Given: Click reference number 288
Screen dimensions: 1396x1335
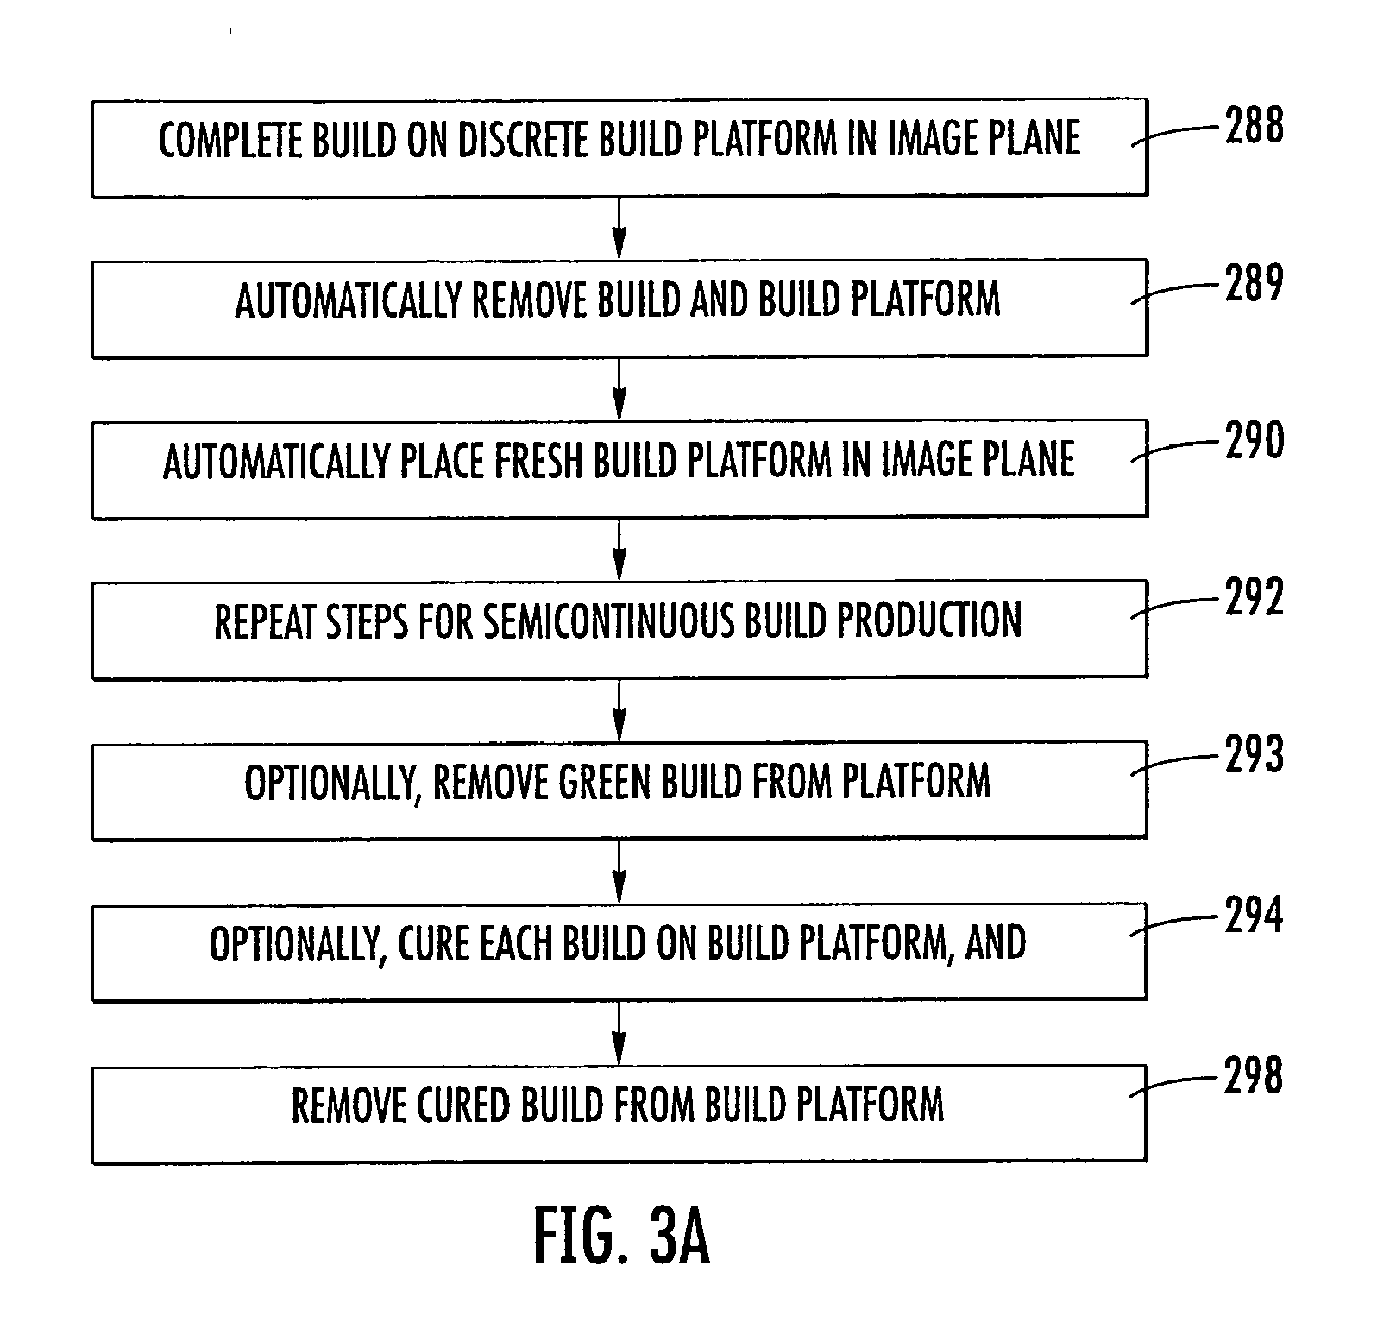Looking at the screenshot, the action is [1254, 126].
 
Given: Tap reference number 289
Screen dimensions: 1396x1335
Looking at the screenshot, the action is [1254, 283].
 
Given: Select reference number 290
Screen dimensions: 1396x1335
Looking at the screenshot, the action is [1254, 441].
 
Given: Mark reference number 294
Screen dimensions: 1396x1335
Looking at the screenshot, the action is [1254, 916].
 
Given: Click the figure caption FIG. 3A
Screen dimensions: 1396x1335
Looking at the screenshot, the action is [622, 1236].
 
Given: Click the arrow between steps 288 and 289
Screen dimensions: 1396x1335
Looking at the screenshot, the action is [619, 228].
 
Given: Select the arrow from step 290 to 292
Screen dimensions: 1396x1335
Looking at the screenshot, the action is [619, 549].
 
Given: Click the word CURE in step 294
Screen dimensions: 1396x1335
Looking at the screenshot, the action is [434, 943].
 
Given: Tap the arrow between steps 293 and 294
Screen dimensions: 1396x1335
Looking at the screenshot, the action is [619, 872].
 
